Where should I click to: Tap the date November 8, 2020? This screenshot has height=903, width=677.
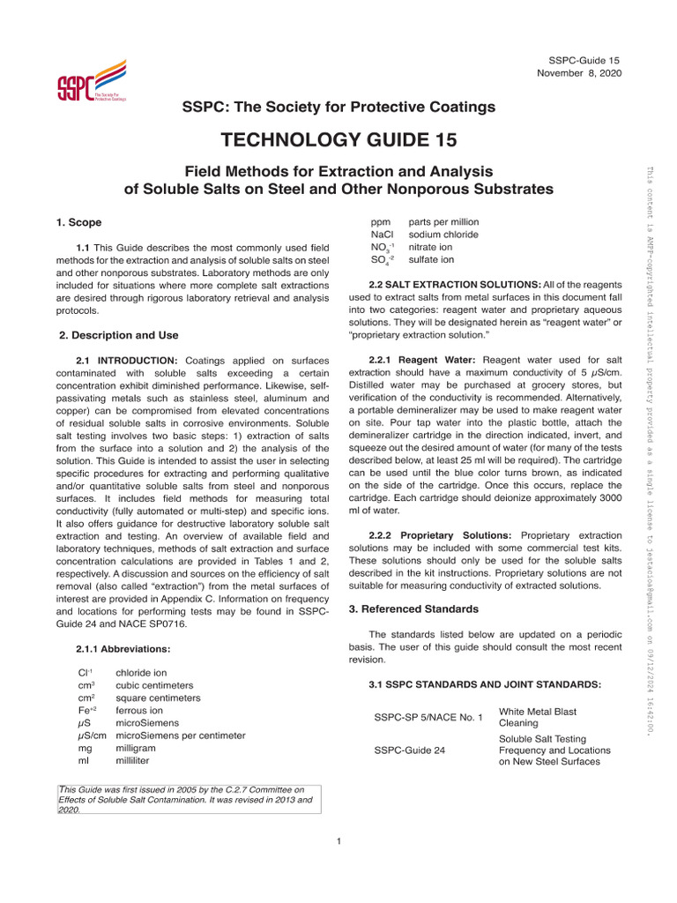[x=579, y=72]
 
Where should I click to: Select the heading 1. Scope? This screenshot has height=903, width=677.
[x=79, y=223]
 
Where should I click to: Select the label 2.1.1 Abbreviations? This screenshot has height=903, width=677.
[x=123, y=649]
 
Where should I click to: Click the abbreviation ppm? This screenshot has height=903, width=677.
[x=381, y=222]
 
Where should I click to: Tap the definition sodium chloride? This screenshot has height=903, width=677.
[x=443, y=235]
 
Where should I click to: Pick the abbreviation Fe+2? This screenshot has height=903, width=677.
[x=90, y=710]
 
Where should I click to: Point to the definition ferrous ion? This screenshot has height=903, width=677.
[x=139, y=710]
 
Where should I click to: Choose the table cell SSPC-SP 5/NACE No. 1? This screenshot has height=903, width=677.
[x=429, y=717]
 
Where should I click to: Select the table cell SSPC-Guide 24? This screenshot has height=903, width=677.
[x=409, y=750]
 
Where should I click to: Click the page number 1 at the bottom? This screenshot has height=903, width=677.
[x=338, y=840]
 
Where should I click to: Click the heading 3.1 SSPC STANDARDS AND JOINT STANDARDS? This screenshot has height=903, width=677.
[x=485, y=684]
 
